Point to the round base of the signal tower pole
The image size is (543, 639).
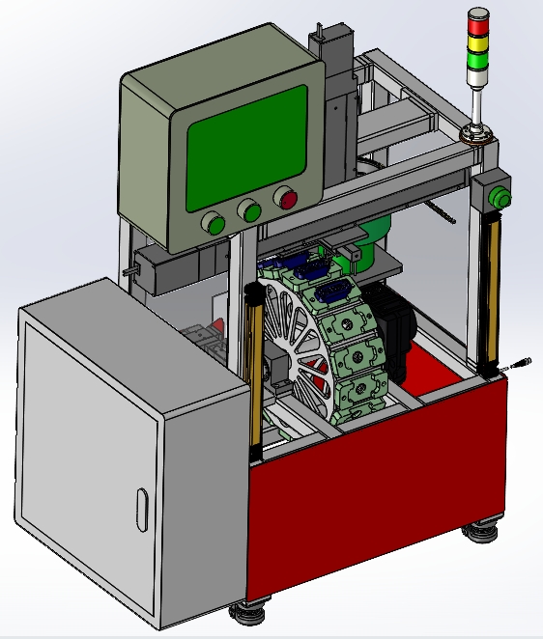477,134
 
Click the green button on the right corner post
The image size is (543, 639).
500,199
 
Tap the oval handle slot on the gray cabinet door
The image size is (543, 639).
142,509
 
